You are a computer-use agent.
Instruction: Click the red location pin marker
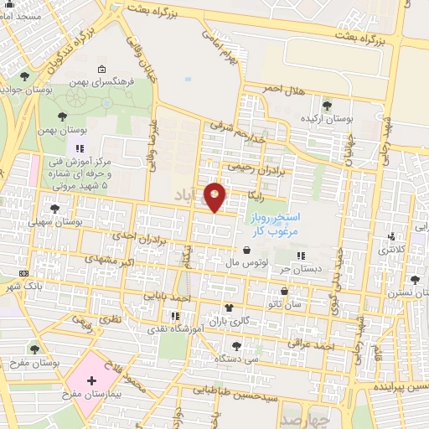pyautogui.click(x=215, y=197)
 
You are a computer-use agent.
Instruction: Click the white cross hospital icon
pyautogui.click(x=91, y=380)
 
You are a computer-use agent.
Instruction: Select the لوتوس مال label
pyautogui.click(x=246, y=264)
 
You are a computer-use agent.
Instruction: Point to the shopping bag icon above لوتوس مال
pyautogui.click(x=246, y=250)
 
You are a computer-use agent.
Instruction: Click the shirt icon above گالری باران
pyautogui.click(x=230, y=308)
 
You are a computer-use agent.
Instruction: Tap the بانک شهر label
pyautogui.click(x=23, y=286)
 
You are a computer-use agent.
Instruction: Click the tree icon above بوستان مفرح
pyautogui.click(x=34, y=349)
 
